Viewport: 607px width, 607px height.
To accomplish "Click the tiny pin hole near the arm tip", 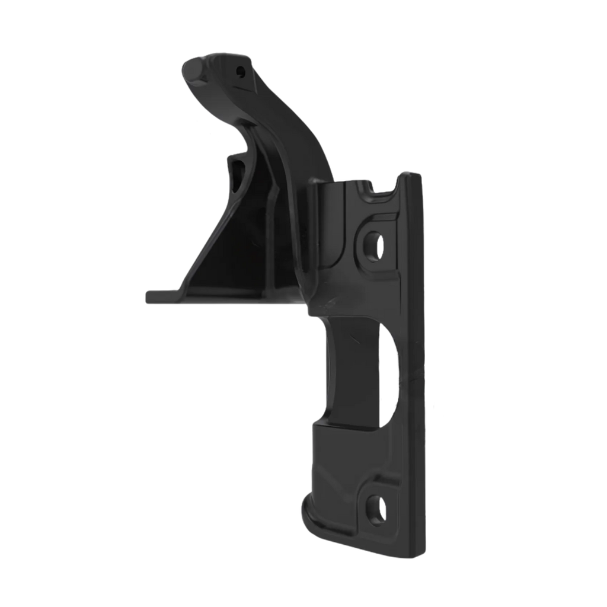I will (x=240, y=72).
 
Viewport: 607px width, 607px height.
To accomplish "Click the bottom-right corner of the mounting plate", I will (x=422, y=555).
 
